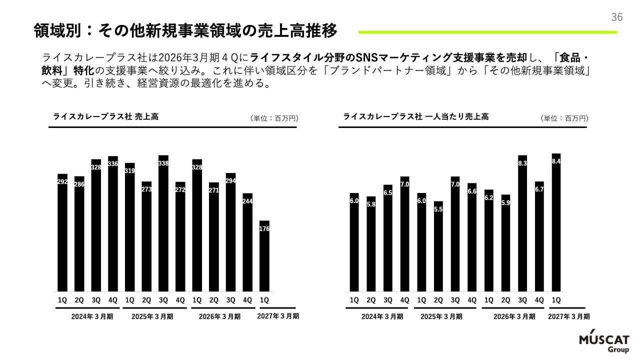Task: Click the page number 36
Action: (616, 17)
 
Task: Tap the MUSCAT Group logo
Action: (604, 344)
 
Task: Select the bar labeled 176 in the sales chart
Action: (264, 256)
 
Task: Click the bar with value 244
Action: (247, 242)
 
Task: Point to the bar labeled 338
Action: (163, 223)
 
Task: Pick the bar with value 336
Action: (113, 224)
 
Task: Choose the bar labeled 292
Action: (62, 233)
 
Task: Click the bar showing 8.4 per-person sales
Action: (556, 222)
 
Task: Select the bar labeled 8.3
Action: (522, 223)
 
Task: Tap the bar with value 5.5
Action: (438, 246)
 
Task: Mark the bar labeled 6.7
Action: (539, 236)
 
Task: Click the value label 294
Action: (230, 181)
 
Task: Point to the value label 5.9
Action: (505, 203)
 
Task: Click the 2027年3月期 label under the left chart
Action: (278, 316)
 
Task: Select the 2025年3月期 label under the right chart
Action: (441, 316)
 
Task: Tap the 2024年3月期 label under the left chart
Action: (92, 316)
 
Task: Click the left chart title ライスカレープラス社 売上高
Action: (105, 116)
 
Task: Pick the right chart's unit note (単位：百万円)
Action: (564, 118)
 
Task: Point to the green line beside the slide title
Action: (487, 32)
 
